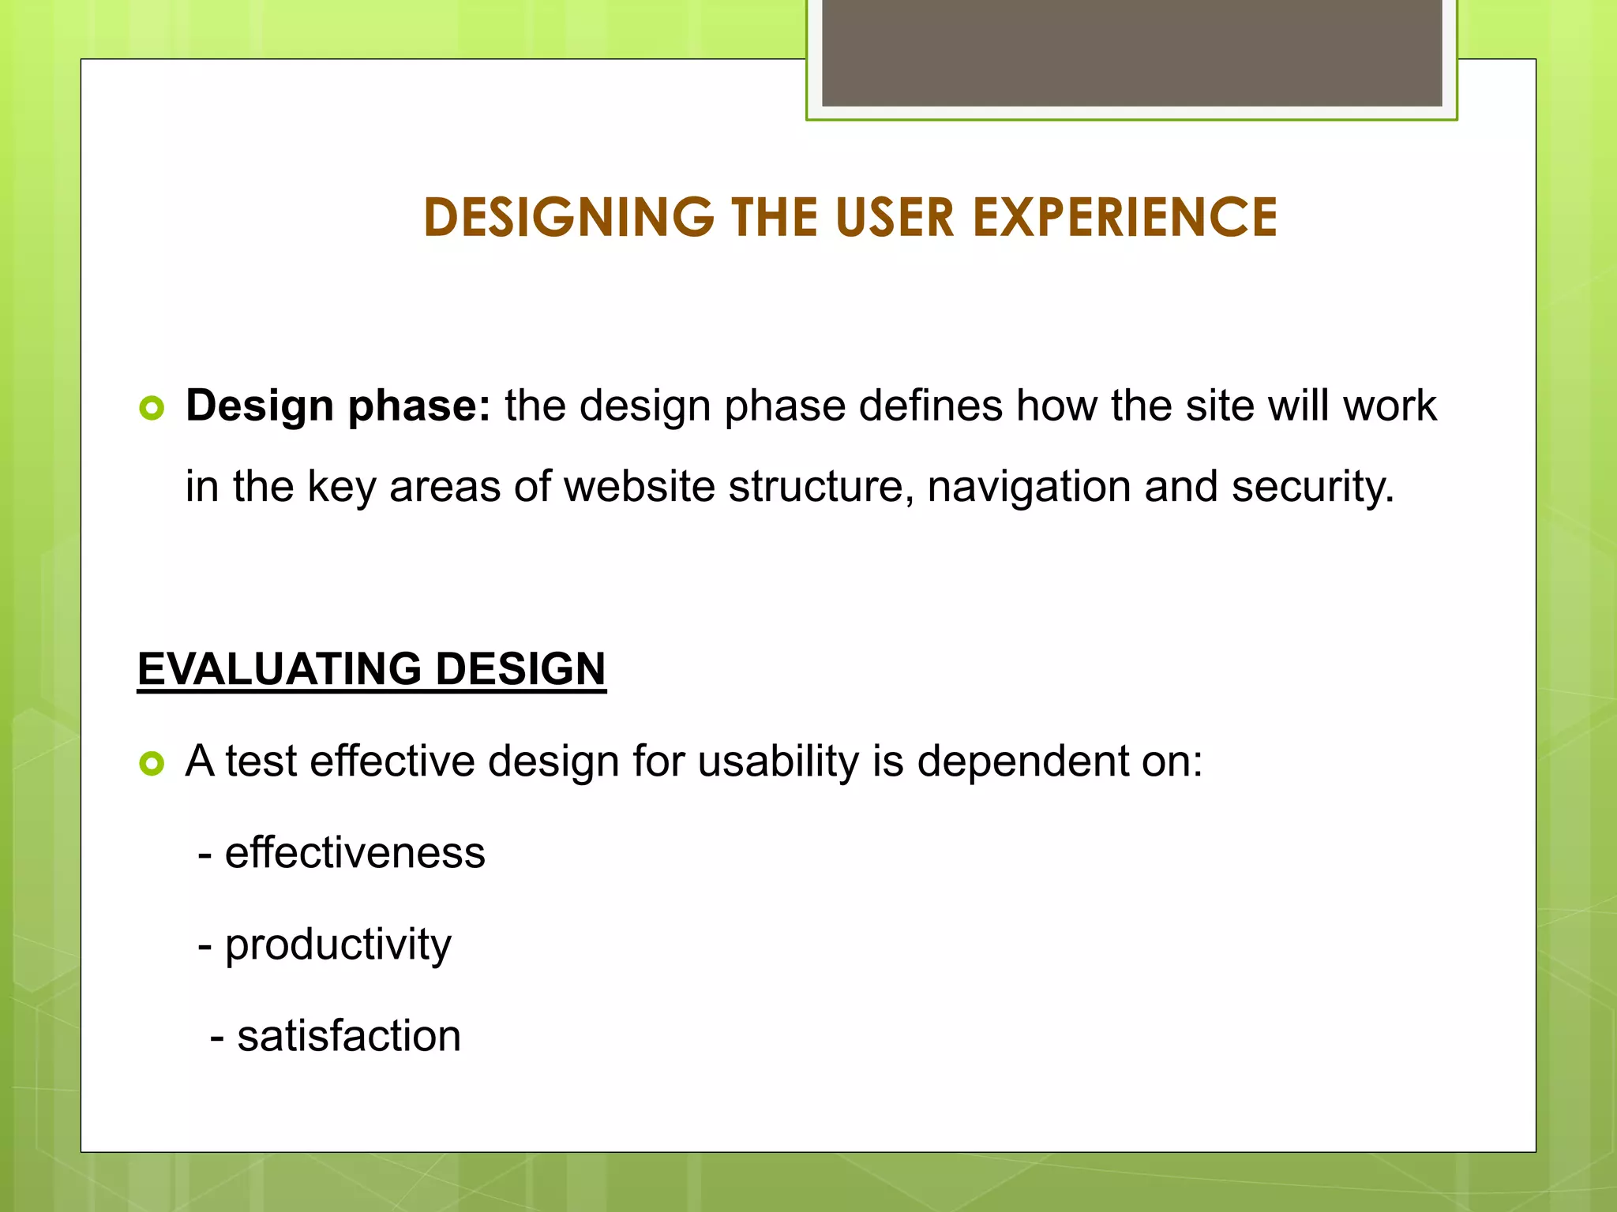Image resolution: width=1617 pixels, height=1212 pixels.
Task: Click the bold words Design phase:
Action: pyautogui.click(x=338, y=406)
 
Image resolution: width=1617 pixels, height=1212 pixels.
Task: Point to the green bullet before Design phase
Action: pyautogui.click(x=151, y=408)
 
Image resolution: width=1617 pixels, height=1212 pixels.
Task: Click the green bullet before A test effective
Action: pyautogui.click(x=151, y=763)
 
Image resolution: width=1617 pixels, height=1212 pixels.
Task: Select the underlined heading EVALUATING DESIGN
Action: pyautogui.click(x=371, y=669)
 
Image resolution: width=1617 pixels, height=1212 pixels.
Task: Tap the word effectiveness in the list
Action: pyautogui.click(x=355, y=853)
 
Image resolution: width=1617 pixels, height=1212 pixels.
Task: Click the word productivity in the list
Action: pyautogui.click(x=338, y=945)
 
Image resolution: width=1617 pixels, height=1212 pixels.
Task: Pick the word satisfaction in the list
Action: pyautogui.click(x=349, y=1036)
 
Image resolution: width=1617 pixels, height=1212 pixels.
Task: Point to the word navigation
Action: pyautogui.click(x=1030, y=487)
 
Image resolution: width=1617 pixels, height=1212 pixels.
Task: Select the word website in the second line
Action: pyautogui.click(x=639, y=487)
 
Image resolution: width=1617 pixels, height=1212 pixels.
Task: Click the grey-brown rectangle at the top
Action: pyautogui.click(x=1131, y=52)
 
